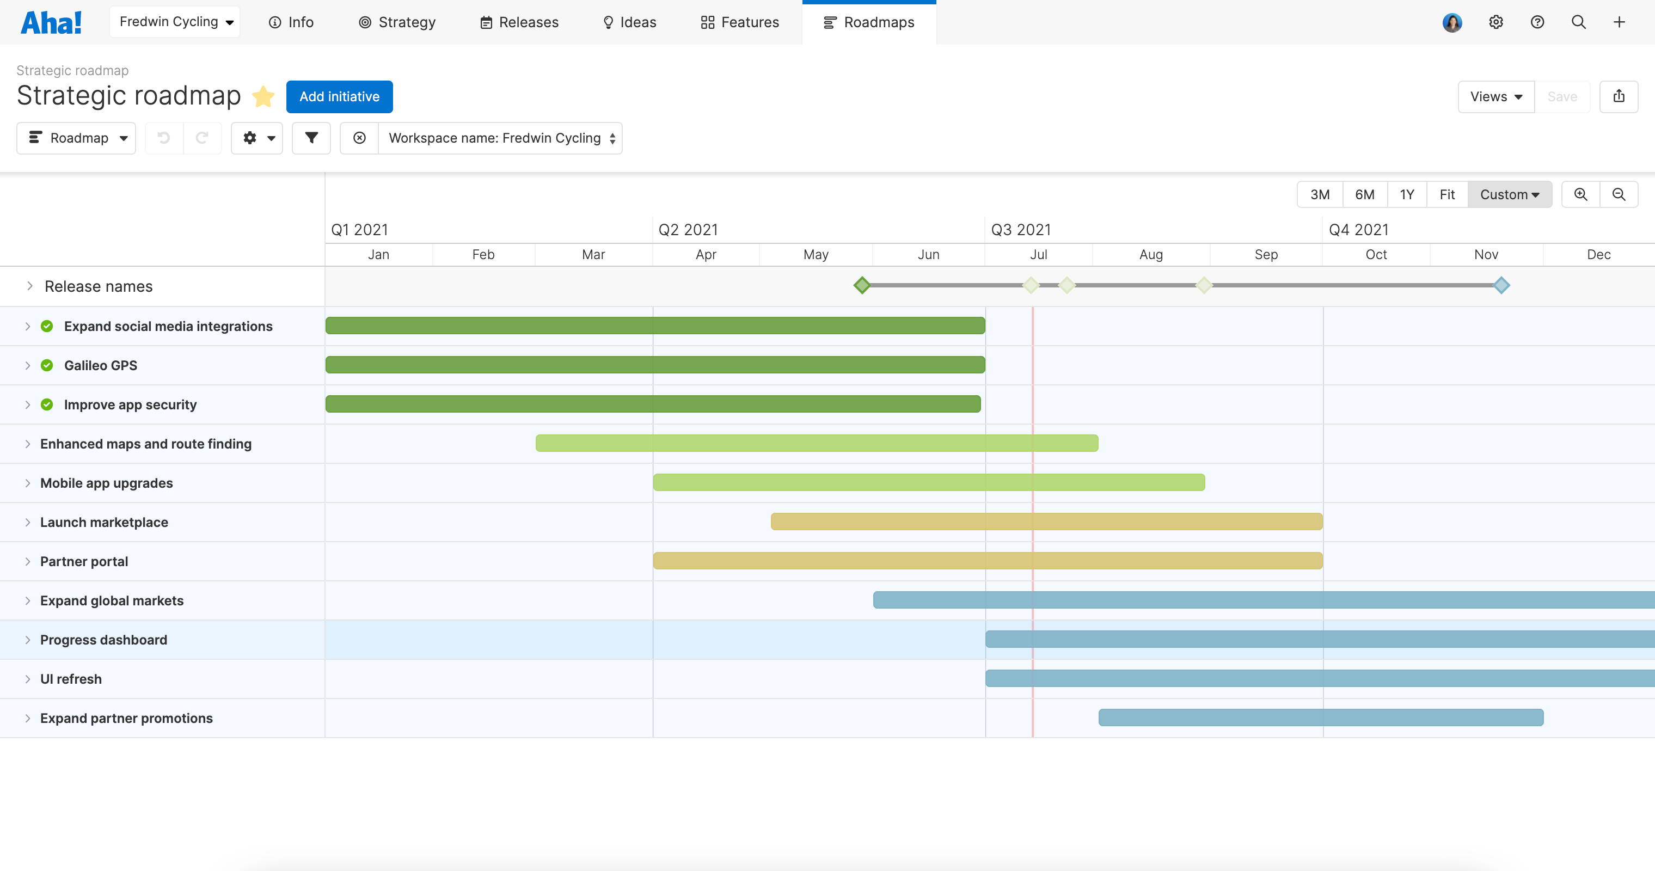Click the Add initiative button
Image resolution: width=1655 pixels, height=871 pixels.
(x=339, y=96)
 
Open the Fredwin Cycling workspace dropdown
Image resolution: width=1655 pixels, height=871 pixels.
(x=175, y=22)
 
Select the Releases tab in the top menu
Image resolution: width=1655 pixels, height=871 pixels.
(x=519, y=22)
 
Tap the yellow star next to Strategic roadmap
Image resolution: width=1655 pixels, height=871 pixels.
(x=263, y=96)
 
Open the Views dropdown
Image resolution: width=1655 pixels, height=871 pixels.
(x=1495, y=96)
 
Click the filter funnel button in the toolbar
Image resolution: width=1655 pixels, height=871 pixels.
(x=311, y=138)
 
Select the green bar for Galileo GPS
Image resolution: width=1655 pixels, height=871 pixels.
(x=655, y=365)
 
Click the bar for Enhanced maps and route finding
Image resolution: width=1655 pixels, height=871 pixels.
(x=816, y=443)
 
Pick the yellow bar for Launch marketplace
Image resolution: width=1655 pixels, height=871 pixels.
(x=1046, y=522)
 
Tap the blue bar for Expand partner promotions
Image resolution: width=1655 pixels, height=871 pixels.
(x=1320, y=717)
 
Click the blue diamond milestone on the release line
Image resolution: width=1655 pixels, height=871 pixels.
(x=1501, y=285)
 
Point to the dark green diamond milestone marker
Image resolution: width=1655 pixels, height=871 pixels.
(x=862, y=285)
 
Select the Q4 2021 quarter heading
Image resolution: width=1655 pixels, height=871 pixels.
(x=1358, y=229)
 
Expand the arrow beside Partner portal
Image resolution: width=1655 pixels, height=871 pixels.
(x=28, y=561)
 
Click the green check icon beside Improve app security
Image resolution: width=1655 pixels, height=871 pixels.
(x=47, y=404)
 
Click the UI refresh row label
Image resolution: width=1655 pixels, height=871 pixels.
(x=71, y=679)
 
